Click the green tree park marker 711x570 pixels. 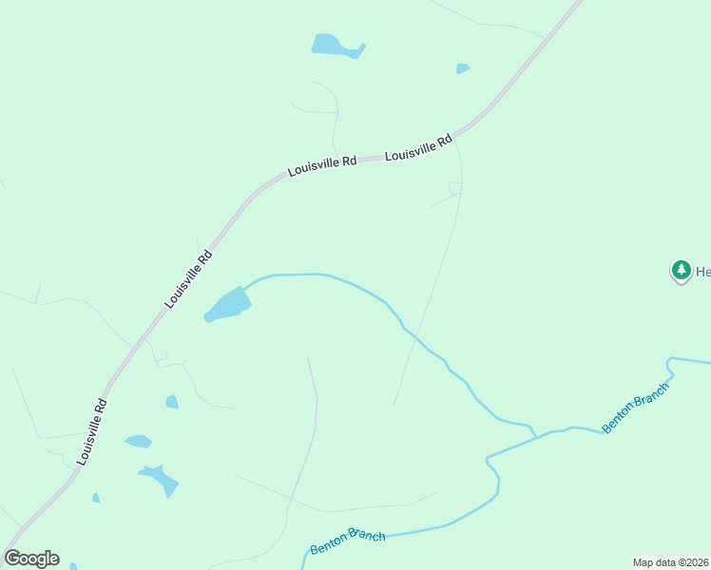[x=681, y=272]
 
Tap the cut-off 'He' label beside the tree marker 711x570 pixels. [x=702, y=273]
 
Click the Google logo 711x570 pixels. [x=31, y=559]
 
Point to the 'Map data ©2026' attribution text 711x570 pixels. [x=671, y=562]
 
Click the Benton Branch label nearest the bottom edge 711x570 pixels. [x=348, y=542]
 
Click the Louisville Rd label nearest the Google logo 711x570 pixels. [x=92, y=431]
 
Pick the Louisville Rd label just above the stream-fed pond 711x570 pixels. [x=188, y=279]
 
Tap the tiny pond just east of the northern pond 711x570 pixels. [x=462, y=68]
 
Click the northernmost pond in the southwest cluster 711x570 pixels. [x=172, y=402]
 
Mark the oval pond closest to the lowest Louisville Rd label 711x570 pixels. [x=138, y=441]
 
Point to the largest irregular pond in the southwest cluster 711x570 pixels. [x=159, y=479]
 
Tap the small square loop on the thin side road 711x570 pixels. [x=455, y=187]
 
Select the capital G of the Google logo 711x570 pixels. [x=12, y=559]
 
